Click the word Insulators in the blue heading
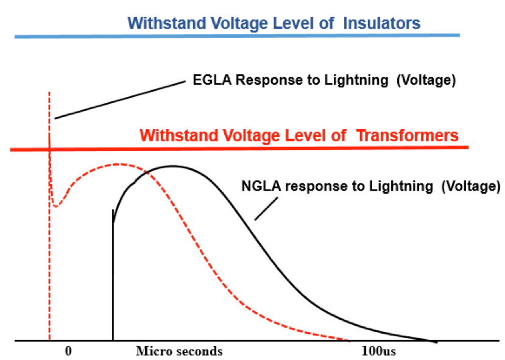point(382,23)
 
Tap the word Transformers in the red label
point(408,135)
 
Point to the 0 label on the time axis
point(68,351)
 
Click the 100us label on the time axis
point(379,351)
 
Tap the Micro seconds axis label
point(179,351)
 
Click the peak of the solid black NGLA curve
point(173,166)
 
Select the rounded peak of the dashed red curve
point(119,164)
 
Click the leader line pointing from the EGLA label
point(120,100)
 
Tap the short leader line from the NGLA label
point(266,209)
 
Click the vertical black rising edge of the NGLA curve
point(113,275)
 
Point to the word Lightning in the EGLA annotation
point(356,80)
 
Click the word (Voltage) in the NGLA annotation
point(471,186)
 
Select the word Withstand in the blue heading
point(166,23)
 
